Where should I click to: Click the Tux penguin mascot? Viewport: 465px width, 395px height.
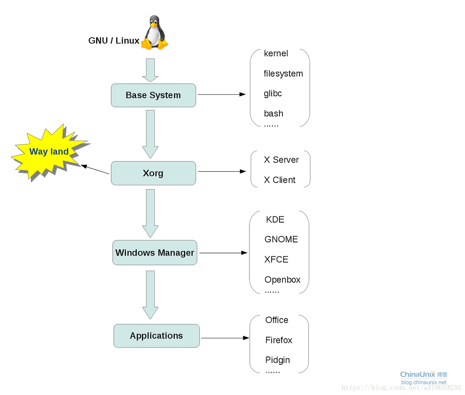pyautogui.click(x=154, y=33)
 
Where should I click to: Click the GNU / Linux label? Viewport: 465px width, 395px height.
pyautogui.click(x=114, y=41)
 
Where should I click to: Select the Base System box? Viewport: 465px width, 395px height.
pyautogui.click(x=153, y=95)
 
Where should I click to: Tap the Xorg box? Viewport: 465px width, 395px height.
pyautogui.click(x=153, y=173)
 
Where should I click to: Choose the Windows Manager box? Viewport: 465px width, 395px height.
pyautogui.click(x=155, y=253)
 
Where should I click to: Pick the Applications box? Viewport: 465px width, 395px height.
pyautogui.click(x=157, y=336)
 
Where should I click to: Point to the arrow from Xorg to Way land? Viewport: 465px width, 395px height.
pyautogui.click(x=95, y=170)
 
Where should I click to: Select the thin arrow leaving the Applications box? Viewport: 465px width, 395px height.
pyautogui.click(x=225, y=338)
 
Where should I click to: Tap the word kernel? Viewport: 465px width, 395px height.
pyautogui.click(x=276, y=54)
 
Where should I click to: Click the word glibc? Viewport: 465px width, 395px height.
pyautogui.click(x=273, y=94)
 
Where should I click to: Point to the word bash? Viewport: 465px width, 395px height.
pyautogui.click(x=274, y=114)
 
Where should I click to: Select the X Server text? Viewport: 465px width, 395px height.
pyautogui.click(x=281, y=160)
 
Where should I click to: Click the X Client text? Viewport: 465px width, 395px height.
pyautogui.click(x=280, y=180)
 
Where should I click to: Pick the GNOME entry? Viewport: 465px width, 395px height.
pyautogui.click(x=281, y=240)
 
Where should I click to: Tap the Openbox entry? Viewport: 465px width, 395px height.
pyautogui.click(x=282, y=280)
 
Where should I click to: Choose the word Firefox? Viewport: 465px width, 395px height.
pyautogui.click(x=279, y=340)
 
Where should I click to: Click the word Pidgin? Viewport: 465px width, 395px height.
pyautogui.click(x=277, y=360)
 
